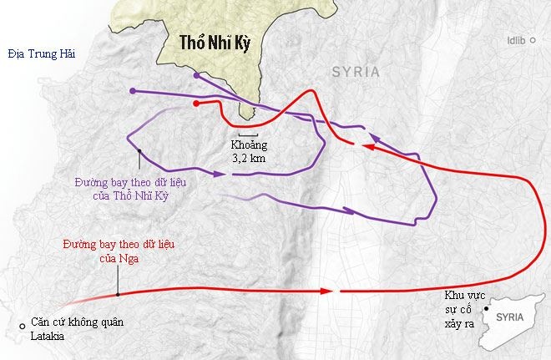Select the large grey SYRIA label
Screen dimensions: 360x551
click(356, 73)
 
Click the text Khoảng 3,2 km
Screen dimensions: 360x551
click(245, 150)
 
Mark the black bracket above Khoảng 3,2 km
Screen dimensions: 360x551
click(245, 134)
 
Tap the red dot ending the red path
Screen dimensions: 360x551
click(195, 104)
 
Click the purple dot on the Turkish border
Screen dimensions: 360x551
click(196, 75)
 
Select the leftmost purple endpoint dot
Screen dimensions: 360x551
click(133, 90)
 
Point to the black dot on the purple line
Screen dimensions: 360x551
click(139, 151)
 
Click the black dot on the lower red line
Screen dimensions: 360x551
click(119, 294)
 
